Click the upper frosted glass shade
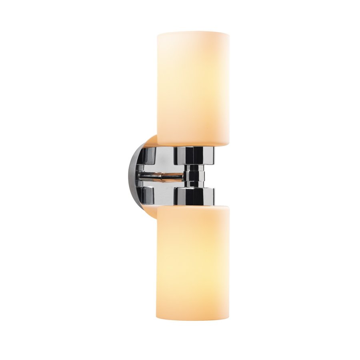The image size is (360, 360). point(193,88)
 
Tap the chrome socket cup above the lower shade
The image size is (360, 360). point(194,196)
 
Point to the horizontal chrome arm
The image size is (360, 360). point(160,175)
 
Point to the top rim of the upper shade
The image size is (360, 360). point(193,32)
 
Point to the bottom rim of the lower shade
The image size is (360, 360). point(193,319)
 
